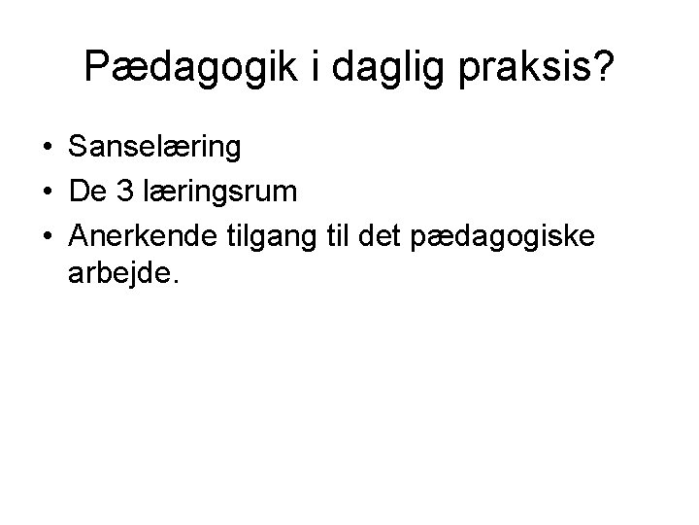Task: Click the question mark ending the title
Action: pyautogui.click(x=601, y=66)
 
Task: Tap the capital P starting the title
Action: pyautogui.click(x=96, y=66)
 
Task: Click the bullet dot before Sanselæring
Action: pyautogui.click(x=47, y=149)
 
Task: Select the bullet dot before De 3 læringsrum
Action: pyautogui.click(x=47, y=192)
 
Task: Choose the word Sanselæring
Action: pyautogui.click(x=155, y=149)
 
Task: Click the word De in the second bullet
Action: pyautogui.click(x=89, y=192)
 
